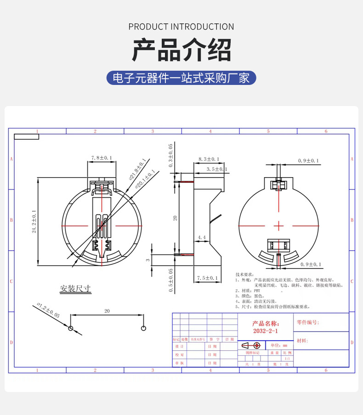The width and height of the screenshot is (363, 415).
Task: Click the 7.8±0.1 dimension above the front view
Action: point(102,158)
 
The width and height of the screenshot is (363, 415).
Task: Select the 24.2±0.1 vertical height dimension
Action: point(34,222)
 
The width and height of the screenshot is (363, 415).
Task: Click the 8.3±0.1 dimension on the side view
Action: point(209,159)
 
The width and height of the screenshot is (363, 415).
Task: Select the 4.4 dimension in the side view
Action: point(202,237)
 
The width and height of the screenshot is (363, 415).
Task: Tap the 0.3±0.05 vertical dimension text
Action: point(170,155)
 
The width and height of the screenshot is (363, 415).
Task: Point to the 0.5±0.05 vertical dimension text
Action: point(170,280)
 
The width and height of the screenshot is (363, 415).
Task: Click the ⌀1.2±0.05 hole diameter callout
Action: point(48,311)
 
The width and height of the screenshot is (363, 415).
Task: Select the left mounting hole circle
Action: point(70,328)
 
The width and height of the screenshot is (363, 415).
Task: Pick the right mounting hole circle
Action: point(144,328)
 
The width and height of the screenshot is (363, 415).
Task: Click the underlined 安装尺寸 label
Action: point(75,289)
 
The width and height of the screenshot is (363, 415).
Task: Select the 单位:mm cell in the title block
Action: point(278,345)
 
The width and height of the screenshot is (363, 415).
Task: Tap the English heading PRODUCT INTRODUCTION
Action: point(181,27)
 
